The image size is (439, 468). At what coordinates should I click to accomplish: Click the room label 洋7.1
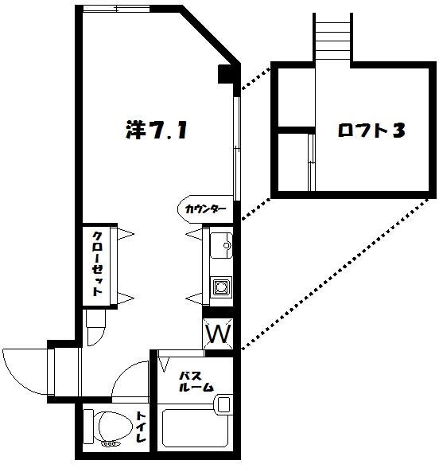(157, 131)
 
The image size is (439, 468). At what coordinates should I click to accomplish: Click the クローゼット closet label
(96, 263)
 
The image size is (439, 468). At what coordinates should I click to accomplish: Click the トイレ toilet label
(141, 428)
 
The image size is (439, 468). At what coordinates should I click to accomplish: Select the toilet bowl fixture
(107, 427)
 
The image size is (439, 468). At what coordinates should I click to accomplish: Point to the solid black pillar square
(226, 76)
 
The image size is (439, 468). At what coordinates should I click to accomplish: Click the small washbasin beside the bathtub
(223, 405)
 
